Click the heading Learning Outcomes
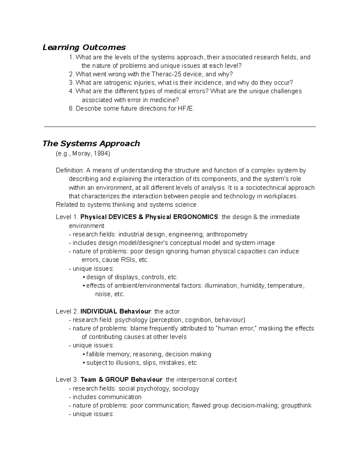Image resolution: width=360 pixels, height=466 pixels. point(84,47)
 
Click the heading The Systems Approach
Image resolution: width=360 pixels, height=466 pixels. point(91,143)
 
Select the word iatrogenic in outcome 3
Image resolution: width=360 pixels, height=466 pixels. point(113,83)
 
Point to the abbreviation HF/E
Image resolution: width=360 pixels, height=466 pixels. point(186,109)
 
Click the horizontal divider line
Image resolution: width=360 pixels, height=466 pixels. point(180,127)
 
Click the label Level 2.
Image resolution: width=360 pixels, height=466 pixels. point(67,311)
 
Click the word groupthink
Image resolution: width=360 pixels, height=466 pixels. point(296,406)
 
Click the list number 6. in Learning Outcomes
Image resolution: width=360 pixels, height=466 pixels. point(71,109)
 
